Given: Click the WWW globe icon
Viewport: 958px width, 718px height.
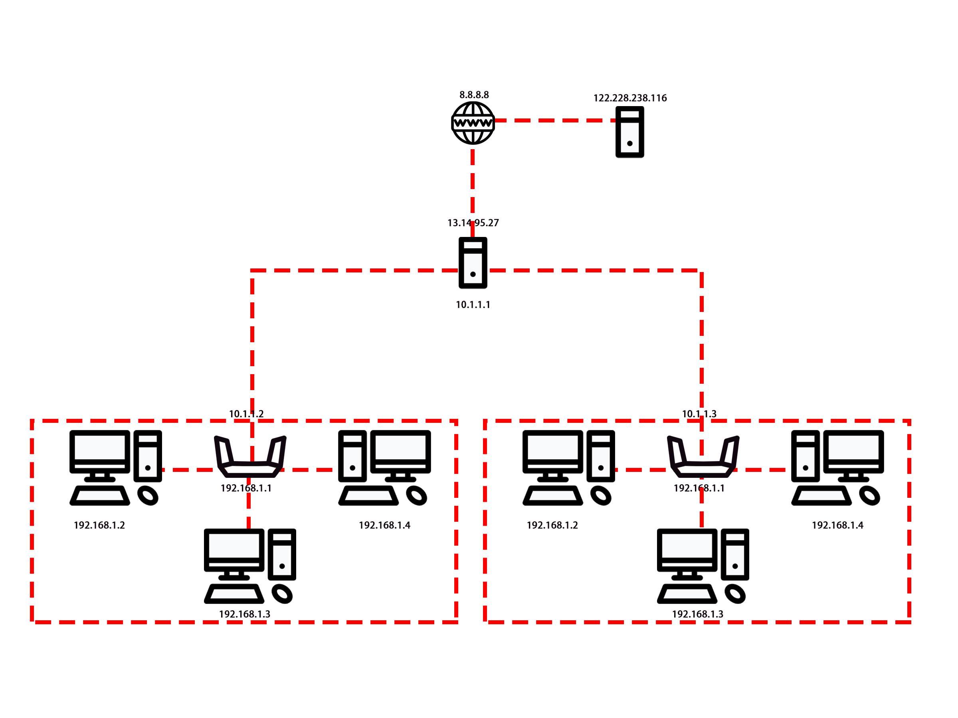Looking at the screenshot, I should click(473, 123).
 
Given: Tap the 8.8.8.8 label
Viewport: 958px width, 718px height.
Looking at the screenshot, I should click(474, 95).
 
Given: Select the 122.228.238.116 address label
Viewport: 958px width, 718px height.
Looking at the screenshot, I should click(630, 98).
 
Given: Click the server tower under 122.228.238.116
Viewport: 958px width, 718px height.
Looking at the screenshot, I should click(630, 132).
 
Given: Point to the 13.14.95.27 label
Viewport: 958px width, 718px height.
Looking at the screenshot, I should click(473, 223).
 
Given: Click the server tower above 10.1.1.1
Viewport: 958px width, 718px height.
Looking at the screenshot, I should click(473, 263).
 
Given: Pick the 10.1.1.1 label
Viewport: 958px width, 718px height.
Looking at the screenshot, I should click(473, 305).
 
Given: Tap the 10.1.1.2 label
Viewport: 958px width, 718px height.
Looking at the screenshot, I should click(246, 414).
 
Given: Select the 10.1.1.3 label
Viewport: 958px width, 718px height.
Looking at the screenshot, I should click(699, 414).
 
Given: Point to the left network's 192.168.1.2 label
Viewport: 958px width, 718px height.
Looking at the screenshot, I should click(99, 525).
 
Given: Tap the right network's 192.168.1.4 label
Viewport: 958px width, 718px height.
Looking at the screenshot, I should click(837, 525).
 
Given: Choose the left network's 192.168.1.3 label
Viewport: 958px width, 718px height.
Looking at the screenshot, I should click(244, 614).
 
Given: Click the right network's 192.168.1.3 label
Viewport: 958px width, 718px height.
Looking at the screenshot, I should click(697, 614).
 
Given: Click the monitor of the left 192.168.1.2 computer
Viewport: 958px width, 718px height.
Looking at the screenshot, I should click(100, 450).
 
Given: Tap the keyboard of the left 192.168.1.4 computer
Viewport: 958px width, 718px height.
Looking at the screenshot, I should click(368, 496).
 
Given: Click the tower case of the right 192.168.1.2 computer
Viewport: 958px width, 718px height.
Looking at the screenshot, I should click(601, 456).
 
